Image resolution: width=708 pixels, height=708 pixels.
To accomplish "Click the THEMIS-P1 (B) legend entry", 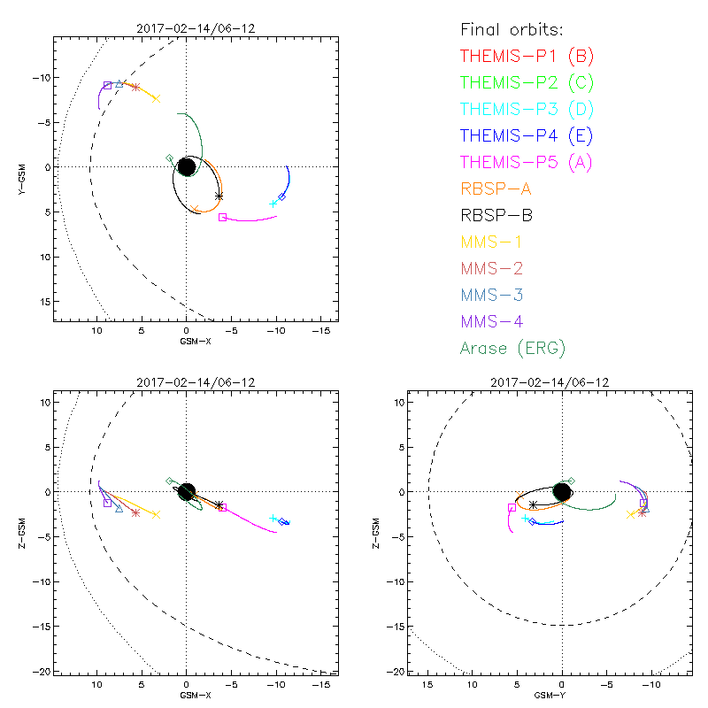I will pyautogui.click(x=527, y=57).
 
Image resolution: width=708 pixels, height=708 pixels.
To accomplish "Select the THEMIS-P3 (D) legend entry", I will pyautogui.click(x=527, y=110).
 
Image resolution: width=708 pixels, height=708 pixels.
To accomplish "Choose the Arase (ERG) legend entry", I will pyautogui.click(x=512, y=348).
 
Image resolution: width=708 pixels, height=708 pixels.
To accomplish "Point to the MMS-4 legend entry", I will pyautogui.click(x=496, y=321).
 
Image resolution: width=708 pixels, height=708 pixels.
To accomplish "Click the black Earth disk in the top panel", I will pyautogui.click(x=187, y=166).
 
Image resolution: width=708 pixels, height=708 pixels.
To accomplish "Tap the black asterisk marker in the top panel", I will pyautogui.click(x=219, y=196).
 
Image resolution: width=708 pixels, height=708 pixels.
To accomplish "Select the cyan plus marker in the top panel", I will pyautogui.click(x=273, y=204).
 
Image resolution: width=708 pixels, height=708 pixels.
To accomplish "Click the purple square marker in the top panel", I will pyautogui.click(x=107, y=85).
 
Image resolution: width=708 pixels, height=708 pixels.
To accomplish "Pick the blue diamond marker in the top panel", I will pyautogui.click(x=282, y=196).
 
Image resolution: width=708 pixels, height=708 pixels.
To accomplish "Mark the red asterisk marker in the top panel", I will pyautogui.click(x=135, y=87).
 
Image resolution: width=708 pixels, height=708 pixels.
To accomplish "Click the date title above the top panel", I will pyautogui.click(x=186, y=28).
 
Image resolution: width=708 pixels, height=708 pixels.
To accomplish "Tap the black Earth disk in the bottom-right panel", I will pyautogui.click(x=562, y=491).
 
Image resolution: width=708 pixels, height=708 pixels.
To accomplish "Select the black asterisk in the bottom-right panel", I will pyautogui.click(x=533, y=504).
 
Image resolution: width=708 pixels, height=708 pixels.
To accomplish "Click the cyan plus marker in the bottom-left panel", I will pyautogui.click(x=273, y=519).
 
